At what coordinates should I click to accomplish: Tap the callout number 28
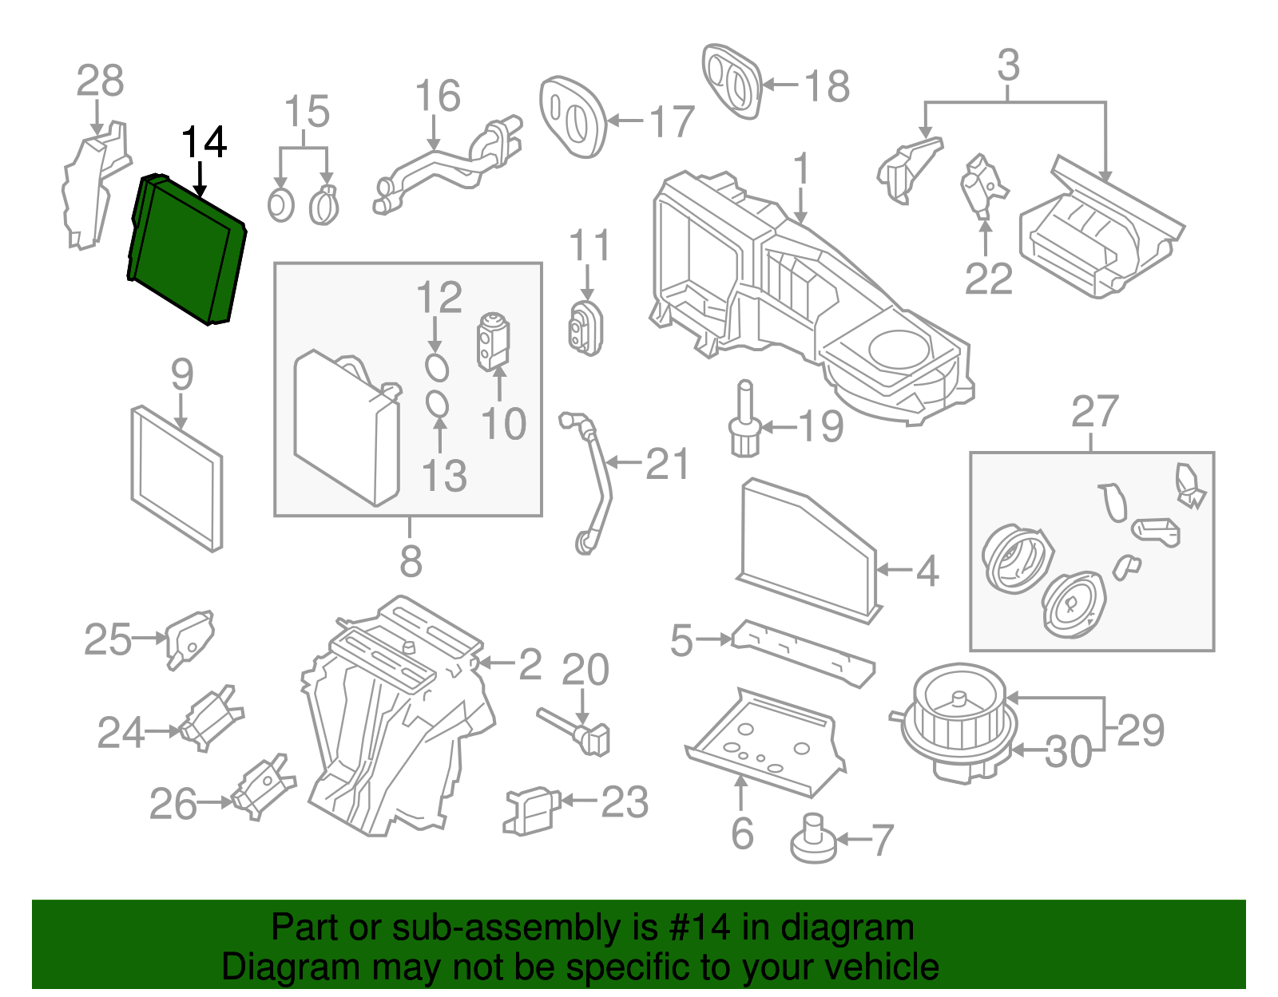(100, 81)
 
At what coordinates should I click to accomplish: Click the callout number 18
(827, 85)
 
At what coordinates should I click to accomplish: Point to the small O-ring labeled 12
(436, 367)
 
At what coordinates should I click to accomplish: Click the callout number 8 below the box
(411, 560)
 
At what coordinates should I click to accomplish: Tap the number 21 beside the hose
(667, 464)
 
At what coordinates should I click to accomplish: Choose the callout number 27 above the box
(1093, 412)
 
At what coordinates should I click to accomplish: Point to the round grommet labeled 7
(813, 841)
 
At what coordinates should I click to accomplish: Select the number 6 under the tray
(742, 833)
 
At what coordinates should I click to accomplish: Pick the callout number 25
(107, 639)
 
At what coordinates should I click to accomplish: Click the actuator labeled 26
(264, 786)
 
